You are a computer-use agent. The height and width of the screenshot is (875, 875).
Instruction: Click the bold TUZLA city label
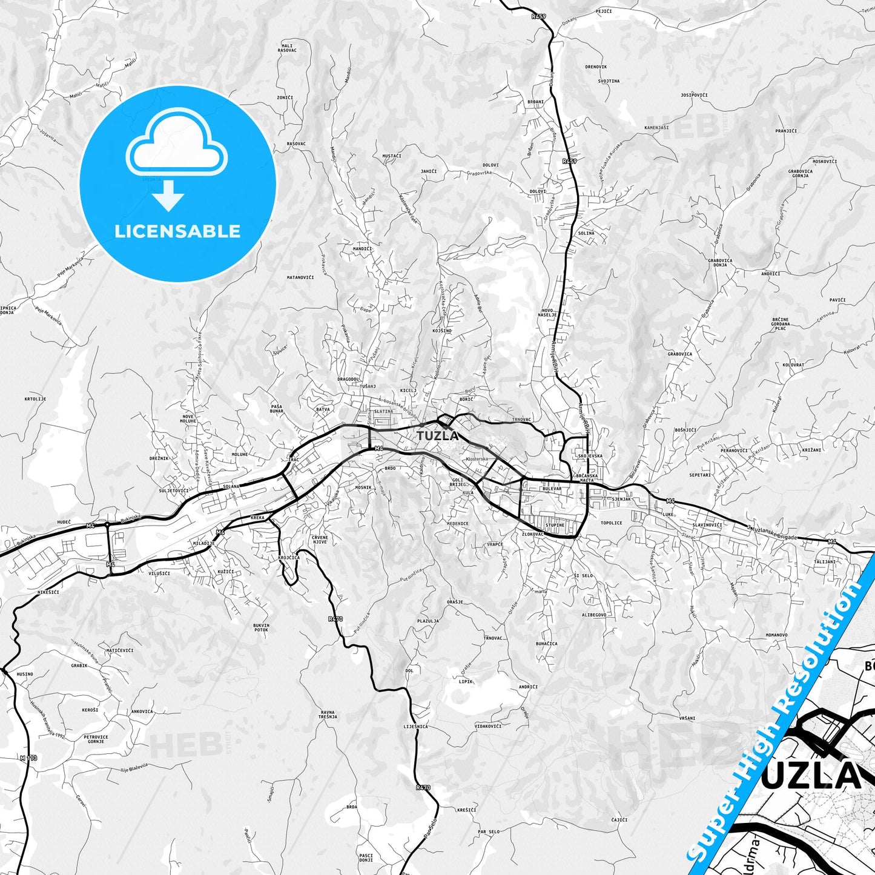[437, 434]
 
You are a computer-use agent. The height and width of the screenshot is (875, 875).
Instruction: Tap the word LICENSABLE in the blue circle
[177, 231]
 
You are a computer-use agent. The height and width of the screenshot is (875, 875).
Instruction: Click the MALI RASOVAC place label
[288, 48]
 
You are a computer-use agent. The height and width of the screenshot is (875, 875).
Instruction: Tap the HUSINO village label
[25, 673]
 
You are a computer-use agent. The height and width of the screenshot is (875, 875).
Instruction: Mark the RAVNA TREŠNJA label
[329, 714]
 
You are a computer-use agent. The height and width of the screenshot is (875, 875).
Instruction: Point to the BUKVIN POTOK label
[261, 627]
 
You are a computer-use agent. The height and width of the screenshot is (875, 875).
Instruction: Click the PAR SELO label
[489, 831]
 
